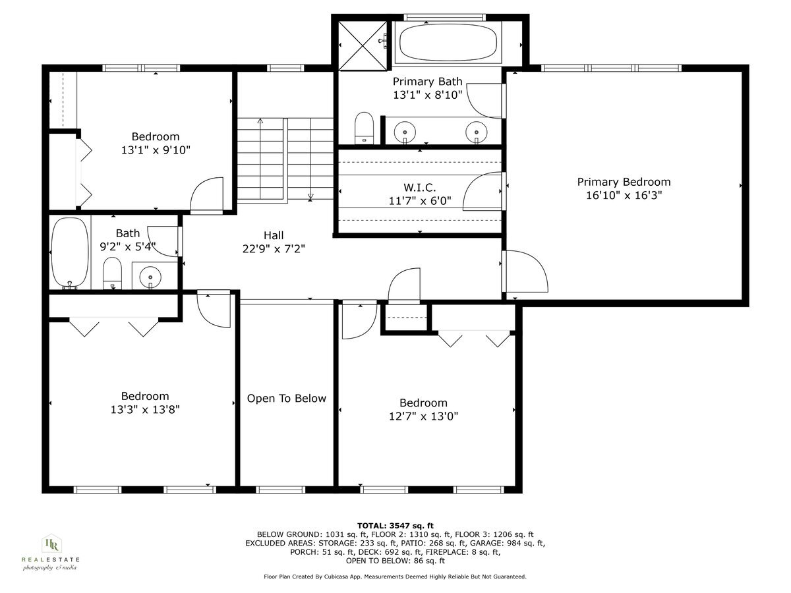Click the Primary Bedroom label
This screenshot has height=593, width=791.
click(624, 182)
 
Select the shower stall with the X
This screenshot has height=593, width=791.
click(363, 43)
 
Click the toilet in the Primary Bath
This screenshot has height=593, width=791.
click(364, 127)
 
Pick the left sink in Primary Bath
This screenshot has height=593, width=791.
click(404, 131)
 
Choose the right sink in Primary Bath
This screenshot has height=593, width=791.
click(476, 131)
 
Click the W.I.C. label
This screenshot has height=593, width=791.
click(419, 188)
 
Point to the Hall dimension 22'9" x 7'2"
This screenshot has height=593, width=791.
click(274, 248)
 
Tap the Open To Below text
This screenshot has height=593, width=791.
click(286, 398)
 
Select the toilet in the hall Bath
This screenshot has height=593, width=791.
click(113, 273)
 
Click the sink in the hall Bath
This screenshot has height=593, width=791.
click(152, 276)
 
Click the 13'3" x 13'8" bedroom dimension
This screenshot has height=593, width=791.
click(145, 409)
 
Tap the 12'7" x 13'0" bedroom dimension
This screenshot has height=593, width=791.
click(423, 416)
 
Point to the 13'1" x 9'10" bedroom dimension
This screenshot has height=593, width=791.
click(156, 150)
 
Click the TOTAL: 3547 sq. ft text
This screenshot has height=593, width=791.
click(395, 524)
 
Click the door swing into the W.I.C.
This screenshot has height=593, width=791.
click(483, 192)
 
